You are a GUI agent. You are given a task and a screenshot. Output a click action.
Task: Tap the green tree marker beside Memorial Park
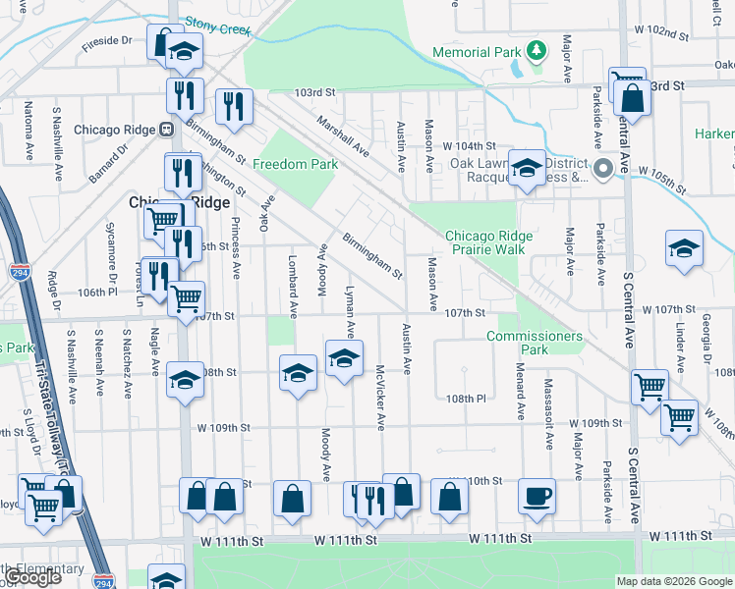tap(536, 48)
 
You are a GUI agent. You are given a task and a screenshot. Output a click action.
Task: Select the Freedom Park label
tap(295, 164)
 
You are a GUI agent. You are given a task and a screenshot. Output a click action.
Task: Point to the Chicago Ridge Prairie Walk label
tap(488, 242)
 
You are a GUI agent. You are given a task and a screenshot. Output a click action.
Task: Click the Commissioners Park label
tap(534, 343)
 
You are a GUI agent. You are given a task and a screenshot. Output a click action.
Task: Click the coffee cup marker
tap(537, 496)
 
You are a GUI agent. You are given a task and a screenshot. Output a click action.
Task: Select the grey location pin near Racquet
tap(604, 168)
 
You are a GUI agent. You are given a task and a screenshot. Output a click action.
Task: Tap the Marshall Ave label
tap(342, 135)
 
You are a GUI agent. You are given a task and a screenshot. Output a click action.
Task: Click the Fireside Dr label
tap(108, 41)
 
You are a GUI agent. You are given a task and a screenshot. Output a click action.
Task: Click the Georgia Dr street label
tap(705, 335)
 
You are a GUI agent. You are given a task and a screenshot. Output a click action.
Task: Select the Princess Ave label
tap(236, 245)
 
